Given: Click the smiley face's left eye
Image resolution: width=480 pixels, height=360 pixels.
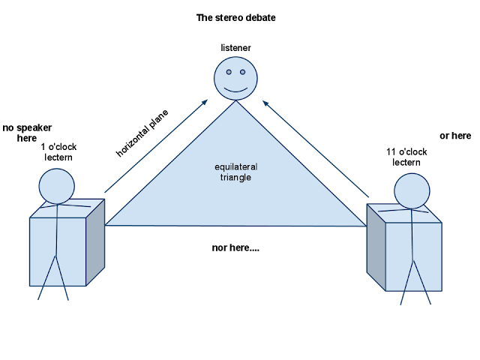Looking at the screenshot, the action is tap(229, 73).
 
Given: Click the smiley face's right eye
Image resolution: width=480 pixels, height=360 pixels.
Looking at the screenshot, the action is tap(242, 73).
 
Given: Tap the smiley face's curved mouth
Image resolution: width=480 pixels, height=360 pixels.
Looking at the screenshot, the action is tap(235, 89).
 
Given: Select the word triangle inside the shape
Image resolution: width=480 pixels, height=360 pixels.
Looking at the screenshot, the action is tap(236, 178).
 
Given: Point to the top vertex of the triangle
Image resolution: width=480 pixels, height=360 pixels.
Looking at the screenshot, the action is tap(237, 102).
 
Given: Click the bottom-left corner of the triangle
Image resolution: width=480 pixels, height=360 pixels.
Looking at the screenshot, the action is tap(107, 224).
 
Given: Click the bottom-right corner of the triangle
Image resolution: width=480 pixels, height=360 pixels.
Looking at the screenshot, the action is tap(366, 225).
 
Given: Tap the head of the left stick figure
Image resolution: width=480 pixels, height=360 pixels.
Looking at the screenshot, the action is tap(57, 186).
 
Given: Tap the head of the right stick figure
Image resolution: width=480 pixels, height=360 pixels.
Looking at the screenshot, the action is tap(412, 191).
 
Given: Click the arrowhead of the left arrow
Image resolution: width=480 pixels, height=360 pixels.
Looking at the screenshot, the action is tap(207, 100).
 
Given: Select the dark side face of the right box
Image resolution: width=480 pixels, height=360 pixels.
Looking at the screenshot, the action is tap(376, 247).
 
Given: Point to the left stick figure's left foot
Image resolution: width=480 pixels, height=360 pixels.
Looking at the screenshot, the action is tap(39, 299).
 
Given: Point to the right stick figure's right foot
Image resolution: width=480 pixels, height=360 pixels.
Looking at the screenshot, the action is tap(430, 304).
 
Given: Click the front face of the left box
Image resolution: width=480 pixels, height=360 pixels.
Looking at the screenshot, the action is tap(58, 251).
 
